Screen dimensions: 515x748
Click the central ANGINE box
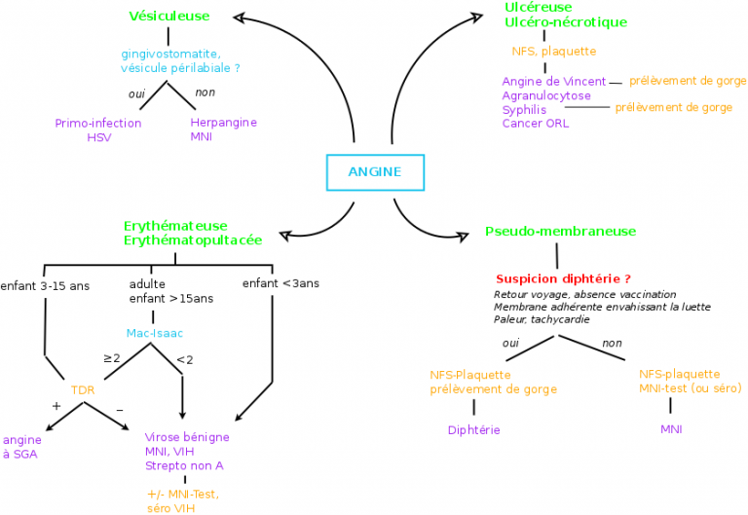click(374, 172)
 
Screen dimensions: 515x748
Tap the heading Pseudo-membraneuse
click(560, 232)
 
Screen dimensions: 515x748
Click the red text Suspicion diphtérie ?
click(563, 278)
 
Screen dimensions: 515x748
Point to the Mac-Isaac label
click(155, 333)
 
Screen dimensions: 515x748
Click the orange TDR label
click(82, 389)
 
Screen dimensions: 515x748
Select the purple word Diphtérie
click(473, 429)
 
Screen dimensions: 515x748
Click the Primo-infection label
click(98, 124)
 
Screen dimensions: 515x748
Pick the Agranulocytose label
click(546, 96)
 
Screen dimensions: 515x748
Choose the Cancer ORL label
click(536, 124)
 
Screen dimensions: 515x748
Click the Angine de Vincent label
click(554, 82)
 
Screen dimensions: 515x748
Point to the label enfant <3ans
click(280, 284)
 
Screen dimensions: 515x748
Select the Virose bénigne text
click(187, 437)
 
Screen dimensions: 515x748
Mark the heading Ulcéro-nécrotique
click(566, 22)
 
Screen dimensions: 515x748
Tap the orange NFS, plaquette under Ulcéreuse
click(554, 52)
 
